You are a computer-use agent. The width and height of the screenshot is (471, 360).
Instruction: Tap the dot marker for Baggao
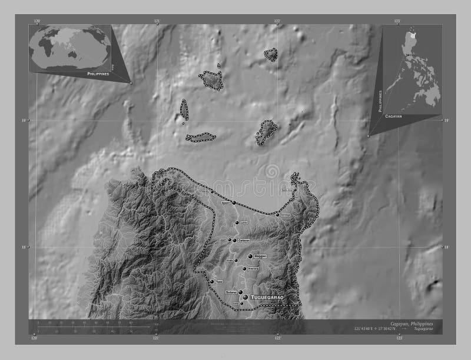coord(250,256)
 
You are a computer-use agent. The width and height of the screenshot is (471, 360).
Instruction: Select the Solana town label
coord(230,292)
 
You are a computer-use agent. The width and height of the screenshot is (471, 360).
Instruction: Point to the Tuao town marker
coord(212,282)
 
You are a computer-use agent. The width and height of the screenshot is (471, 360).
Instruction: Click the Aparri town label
coord(224,202)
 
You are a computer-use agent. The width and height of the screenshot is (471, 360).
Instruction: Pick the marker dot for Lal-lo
coord(237,223)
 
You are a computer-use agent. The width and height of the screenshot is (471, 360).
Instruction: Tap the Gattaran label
coord(244,241)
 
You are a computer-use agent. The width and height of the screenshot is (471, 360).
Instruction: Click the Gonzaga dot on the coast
coord(277,215)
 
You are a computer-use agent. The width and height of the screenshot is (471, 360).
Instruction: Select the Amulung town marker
coord(244,269)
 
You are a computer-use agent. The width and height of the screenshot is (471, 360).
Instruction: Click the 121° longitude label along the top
coord(157,21)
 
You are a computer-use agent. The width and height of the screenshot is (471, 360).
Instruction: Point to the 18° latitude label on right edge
coord(446,247)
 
